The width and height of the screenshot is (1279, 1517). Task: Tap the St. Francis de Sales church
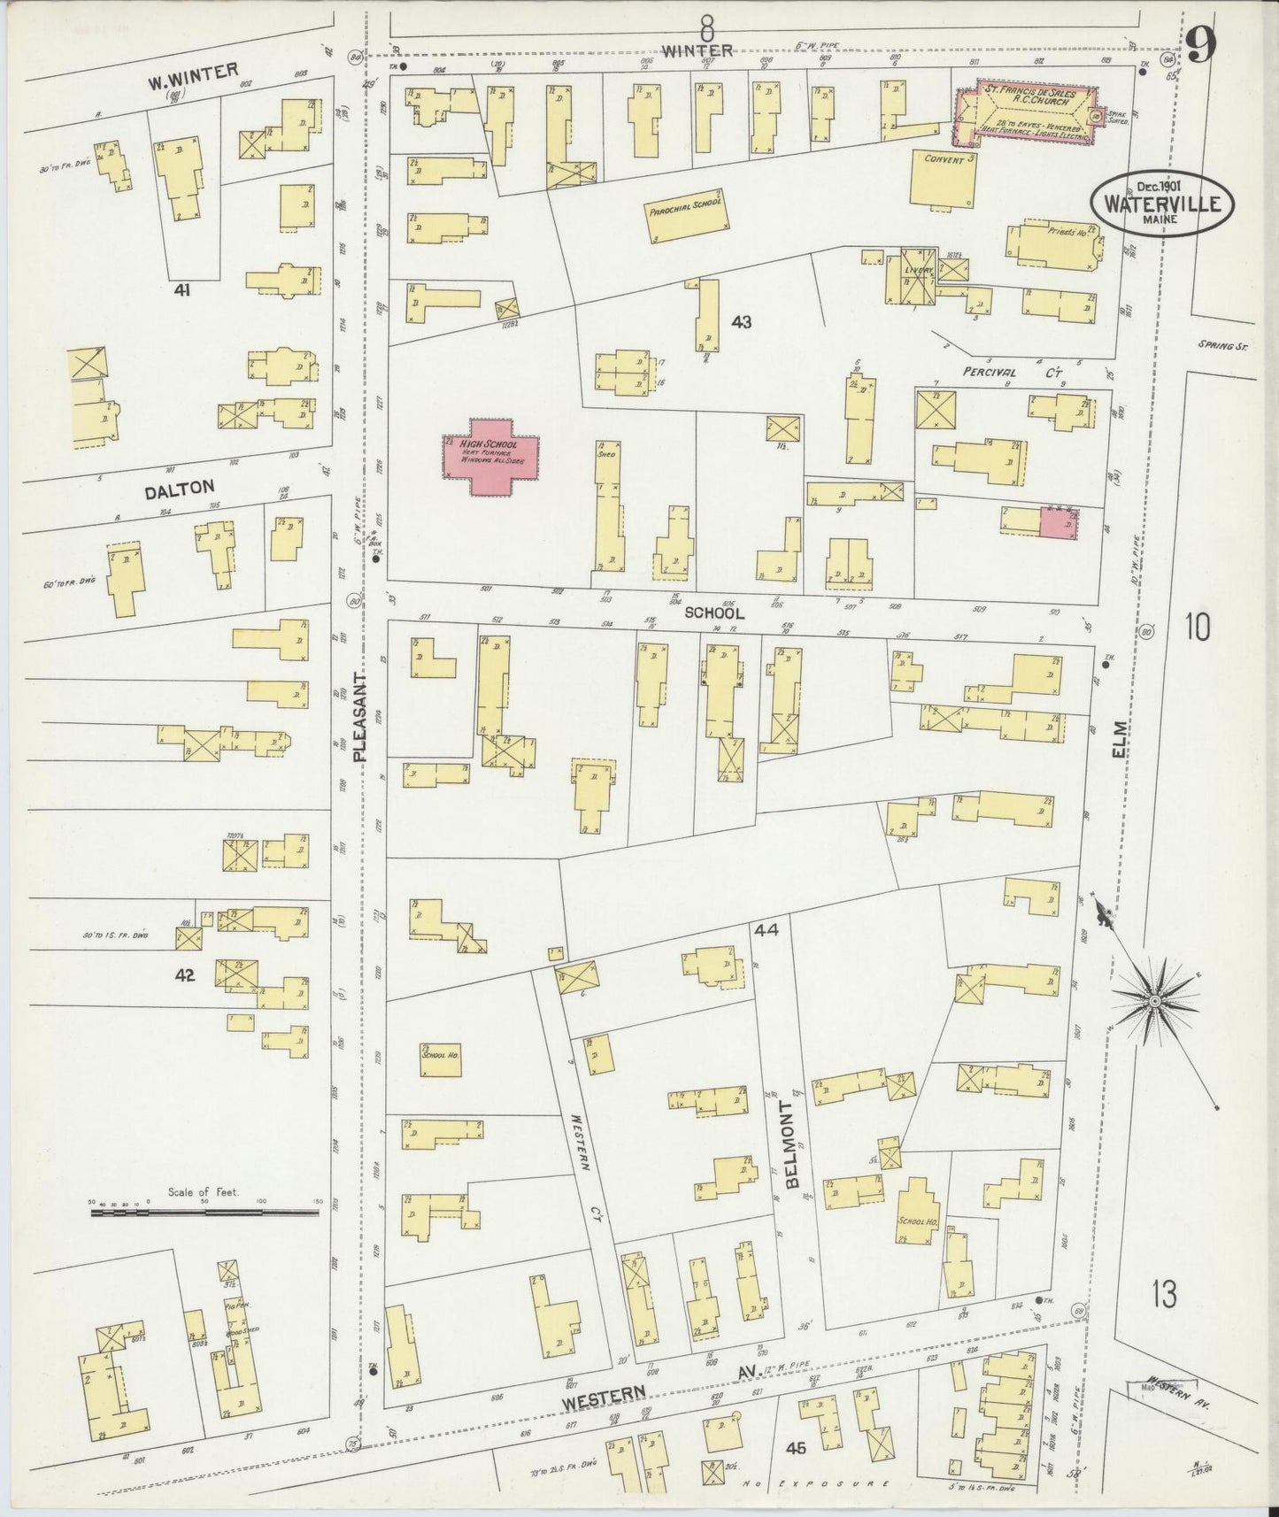(1030, 113)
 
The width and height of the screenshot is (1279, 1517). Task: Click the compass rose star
(1154, 1000)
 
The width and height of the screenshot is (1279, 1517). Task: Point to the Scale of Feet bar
(206, 1212)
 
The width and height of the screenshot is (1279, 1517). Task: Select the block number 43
(741, 323)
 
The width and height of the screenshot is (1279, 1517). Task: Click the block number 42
(185, 975)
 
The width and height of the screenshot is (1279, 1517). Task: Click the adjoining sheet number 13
(1165, 1295)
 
